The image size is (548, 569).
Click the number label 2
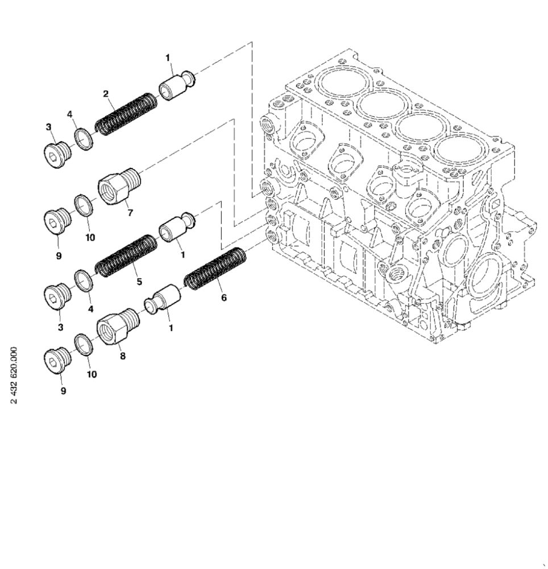[106, 93]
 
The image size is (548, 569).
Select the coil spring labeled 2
[124, 114]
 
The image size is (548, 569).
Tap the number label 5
[139, 281]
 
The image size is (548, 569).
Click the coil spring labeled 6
[215, 269]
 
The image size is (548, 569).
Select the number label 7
[130, 212]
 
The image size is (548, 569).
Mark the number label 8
[123, 356]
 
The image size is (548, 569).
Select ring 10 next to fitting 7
[84, 205]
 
